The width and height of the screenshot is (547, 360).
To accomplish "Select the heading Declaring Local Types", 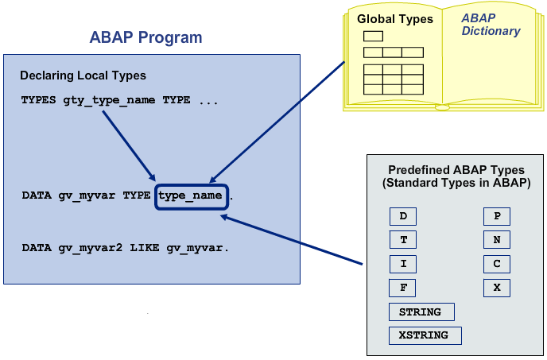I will pos(83,75).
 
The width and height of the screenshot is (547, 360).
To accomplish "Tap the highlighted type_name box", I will pos(192,195).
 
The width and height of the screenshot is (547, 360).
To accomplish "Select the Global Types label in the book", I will pos(394,18).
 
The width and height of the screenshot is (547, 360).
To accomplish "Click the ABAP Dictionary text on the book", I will pos(491,25).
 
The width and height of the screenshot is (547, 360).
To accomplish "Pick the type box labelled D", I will pos(403,217).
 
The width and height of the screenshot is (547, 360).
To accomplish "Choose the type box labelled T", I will pos(403,240).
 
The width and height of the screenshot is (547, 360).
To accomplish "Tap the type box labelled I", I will pos(403,264).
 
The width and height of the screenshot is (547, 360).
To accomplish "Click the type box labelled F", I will pos(403,288).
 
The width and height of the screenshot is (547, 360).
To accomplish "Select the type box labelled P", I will pos(497,217).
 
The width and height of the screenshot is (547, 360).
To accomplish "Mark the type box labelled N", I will pos(497,240).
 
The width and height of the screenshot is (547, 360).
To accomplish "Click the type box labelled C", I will pos(497,264).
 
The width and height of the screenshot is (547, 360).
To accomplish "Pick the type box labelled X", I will pos(497,288).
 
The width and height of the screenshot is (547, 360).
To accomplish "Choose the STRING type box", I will pos(421,312).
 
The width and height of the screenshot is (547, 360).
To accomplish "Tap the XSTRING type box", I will pos(425,335).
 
